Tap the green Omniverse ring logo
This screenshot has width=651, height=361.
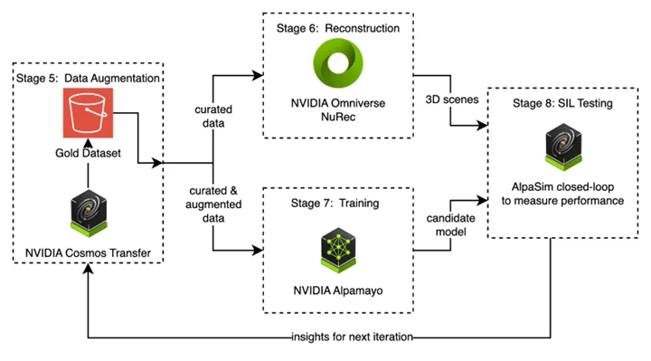338,68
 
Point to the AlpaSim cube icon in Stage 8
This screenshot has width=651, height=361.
557,148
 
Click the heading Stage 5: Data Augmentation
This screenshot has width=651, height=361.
88,79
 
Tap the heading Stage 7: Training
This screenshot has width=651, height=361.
336,204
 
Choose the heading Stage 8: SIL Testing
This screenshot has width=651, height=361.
557,104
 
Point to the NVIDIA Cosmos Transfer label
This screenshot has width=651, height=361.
88,248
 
